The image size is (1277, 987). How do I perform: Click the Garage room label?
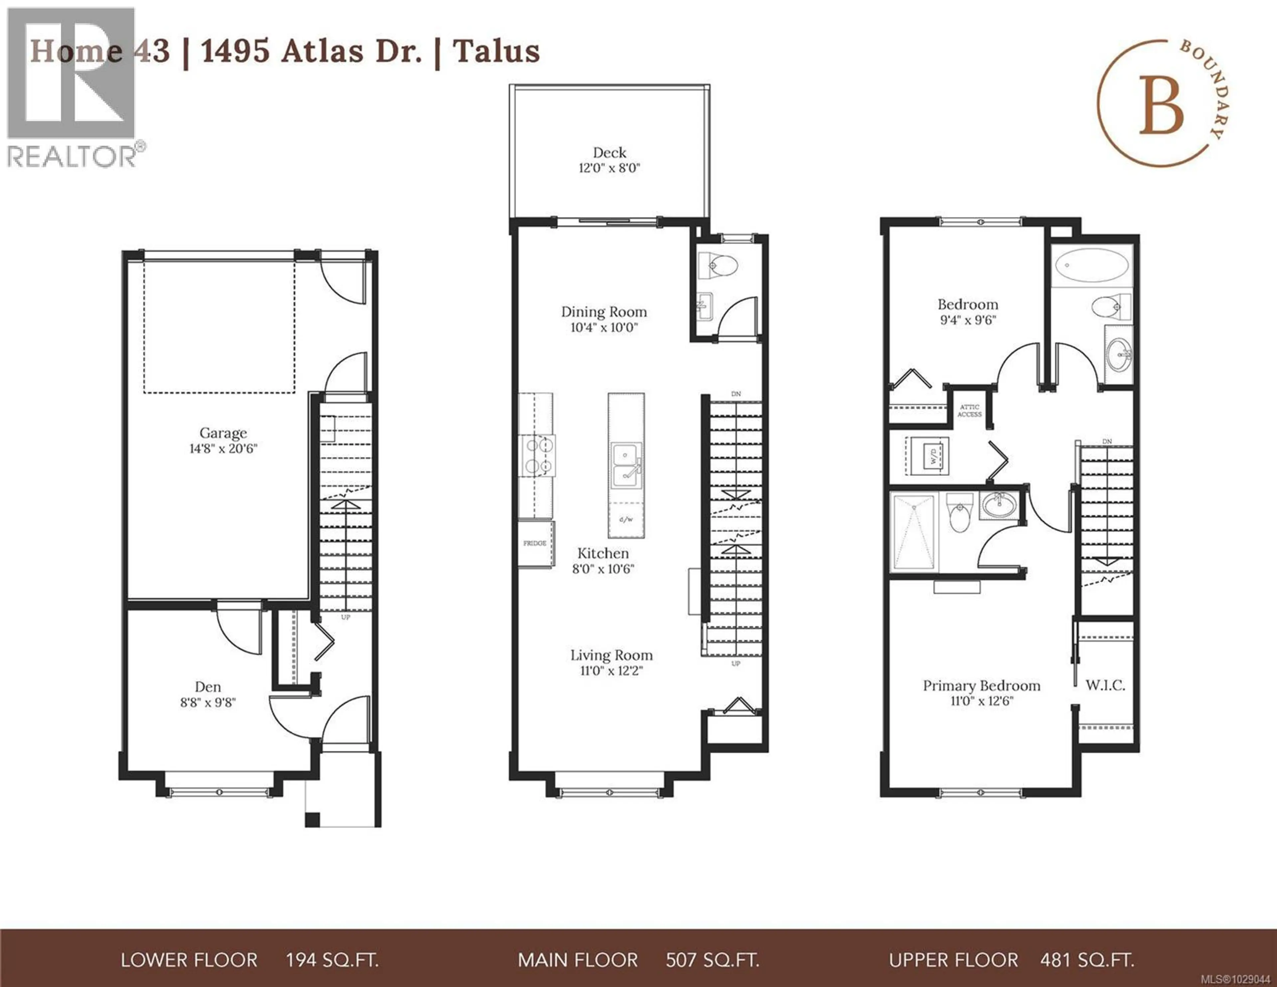[223, 433]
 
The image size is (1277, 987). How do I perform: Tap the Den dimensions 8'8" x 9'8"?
[208, 702]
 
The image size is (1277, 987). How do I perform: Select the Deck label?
[609, 153]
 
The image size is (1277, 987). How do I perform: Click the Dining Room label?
[604, 312]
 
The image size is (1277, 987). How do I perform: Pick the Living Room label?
[611, 655]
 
